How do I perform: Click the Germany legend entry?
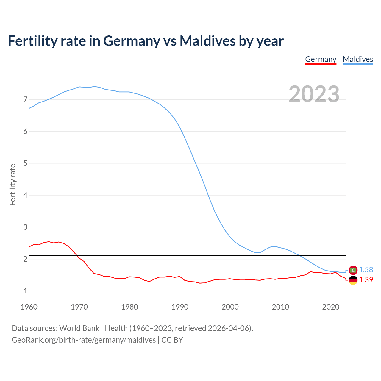pyautogui.click(x=321, y=59)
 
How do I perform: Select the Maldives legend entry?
pyautogui.click(x=358, y=59)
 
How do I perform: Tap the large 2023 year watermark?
pyautogui.click(x=314, y=94)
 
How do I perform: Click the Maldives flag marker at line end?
pyautogui.click(x=353, y=270)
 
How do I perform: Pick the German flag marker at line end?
pyautogui.click(x=353, y=280)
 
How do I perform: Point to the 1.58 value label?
pyautogui.click(x=366, y=270)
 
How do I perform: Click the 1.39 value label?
pyautogui.click(x=366, y=280)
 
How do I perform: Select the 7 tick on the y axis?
pyautogui.click(x=25, y=99)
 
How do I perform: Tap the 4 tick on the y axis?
pyautogui.click(x=25, y=195)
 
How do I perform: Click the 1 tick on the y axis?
pyautogui.click(x=25, y=291)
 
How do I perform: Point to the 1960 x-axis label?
pyautogui.click(x=29, y=307)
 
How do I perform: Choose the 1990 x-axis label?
pyautogui.click(x=180, y=307)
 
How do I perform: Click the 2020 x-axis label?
pyautogui.click(x=331, y=307)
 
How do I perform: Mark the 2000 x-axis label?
pyautogui.click(x=230, y=307)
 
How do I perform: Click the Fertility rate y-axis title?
pyautogui.click(x=13, y=185)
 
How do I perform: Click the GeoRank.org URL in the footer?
pyautogui.click(x=84, y=340)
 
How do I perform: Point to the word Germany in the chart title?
pyautogui.click(x=132, y=41)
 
